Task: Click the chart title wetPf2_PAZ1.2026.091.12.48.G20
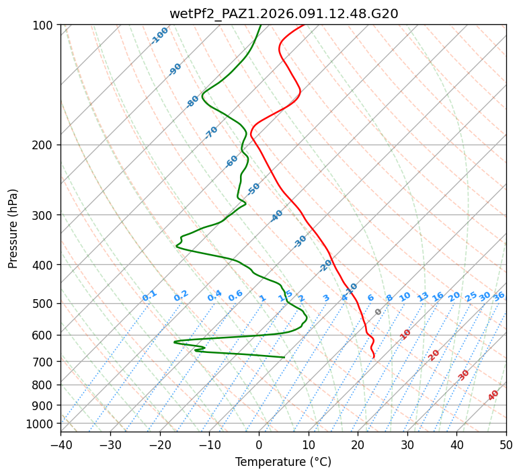284,13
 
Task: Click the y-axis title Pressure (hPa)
13,228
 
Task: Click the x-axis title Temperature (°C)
283,463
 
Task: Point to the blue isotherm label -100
160,36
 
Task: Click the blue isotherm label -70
211,132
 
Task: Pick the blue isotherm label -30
300,241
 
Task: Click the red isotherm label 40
493,395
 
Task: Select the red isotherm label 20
434,355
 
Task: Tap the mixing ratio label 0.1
149,296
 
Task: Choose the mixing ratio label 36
499,296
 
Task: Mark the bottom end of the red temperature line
374,358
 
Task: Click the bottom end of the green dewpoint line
284,357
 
